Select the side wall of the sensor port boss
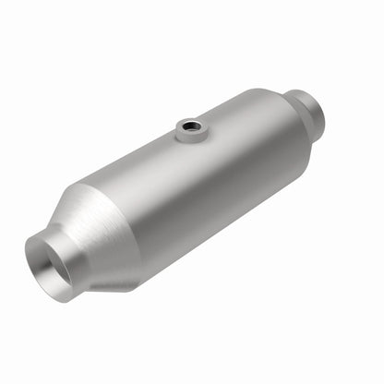[x=190, y=135]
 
